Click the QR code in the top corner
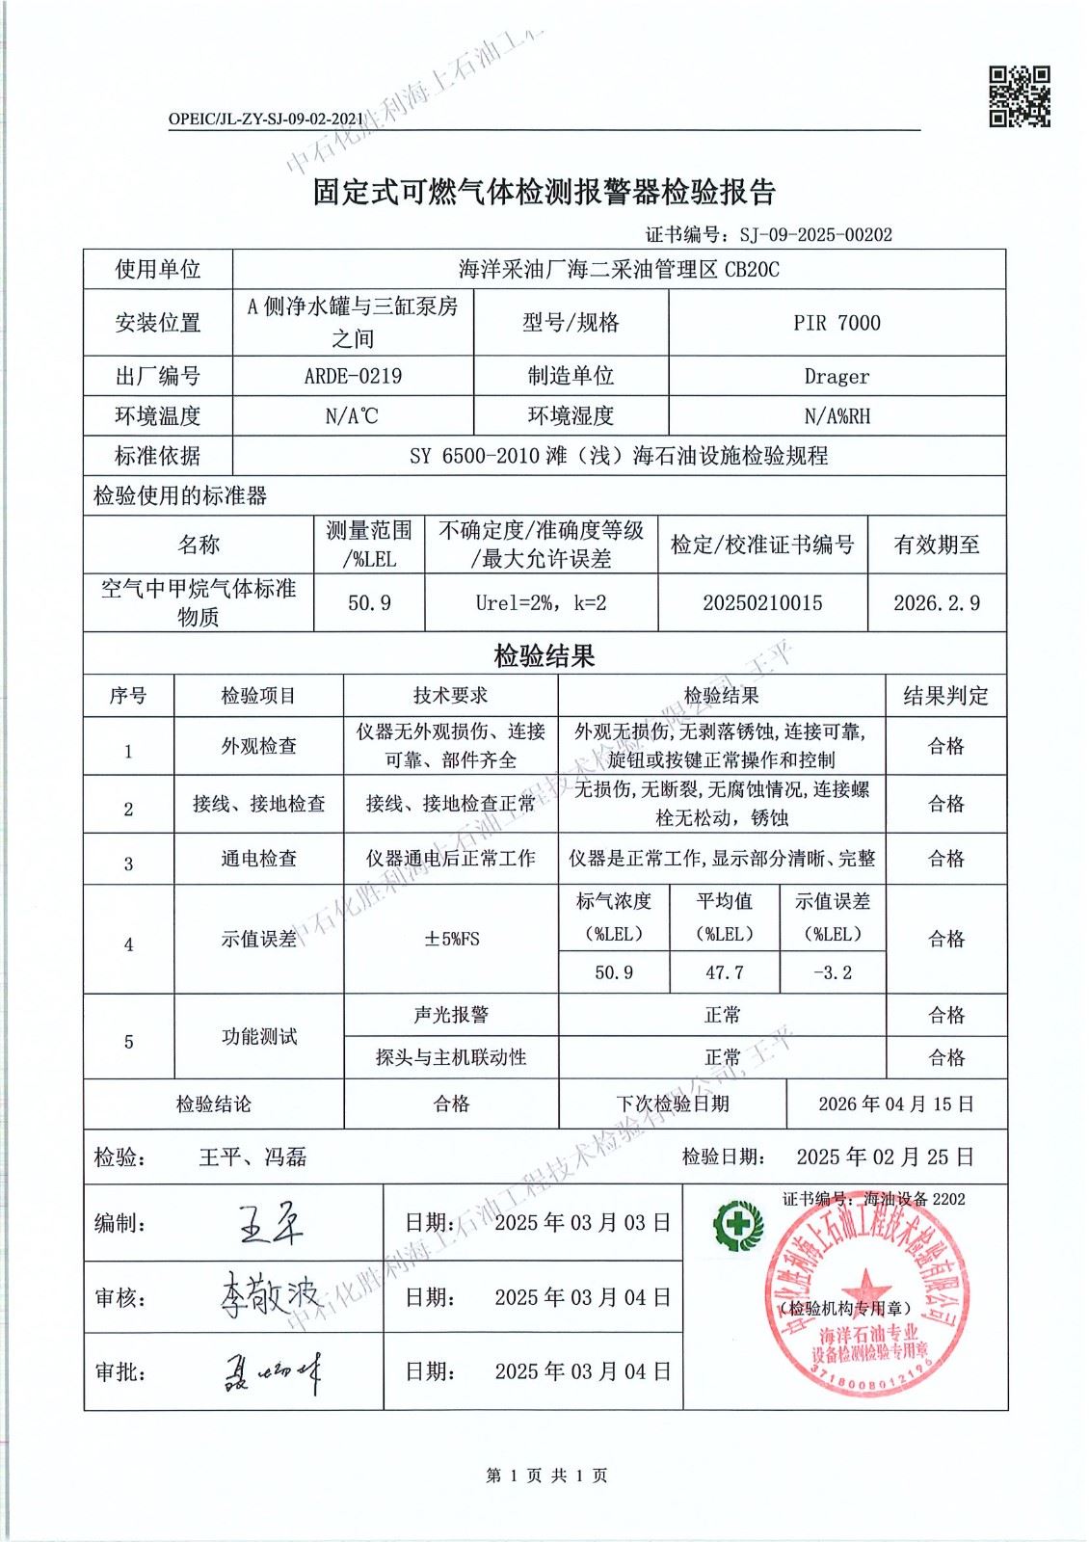[1021, 96]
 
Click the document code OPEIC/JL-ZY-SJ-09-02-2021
[266, 119]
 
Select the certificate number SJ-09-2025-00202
[815, 234]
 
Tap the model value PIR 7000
[837, 323]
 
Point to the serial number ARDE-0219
[353, 376]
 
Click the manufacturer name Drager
[837, 376]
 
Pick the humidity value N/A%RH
[837, 416]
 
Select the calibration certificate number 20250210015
[762, 603]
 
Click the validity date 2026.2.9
[937, 603]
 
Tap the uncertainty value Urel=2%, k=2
[541, 603]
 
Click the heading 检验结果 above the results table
[544, 657]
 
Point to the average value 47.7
[725, 972]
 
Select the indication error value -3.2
[833, 972]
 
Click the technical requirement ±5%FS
[451, 939]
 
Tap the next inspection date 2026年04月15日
[896, 1104]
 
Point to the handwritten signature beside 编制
[270, 1224]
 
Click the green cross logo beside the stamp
[737, 1226]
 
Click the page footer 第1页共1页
[545, 1476]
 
